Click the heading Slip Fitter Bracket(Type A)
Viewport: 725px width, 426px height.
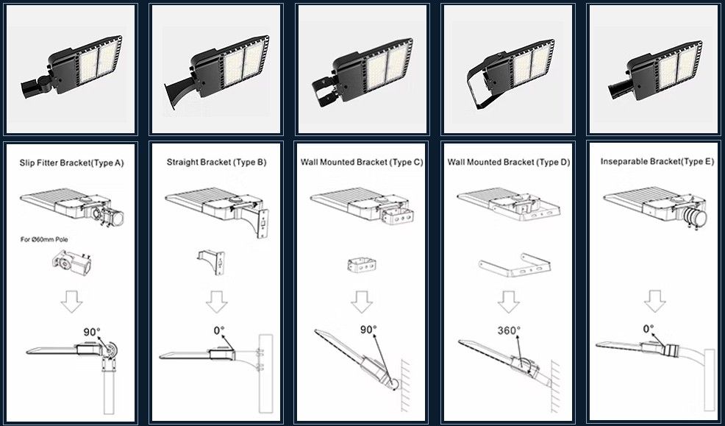click(71, 162)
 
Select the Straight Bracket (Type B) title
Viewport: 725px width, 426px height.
click(216, 162)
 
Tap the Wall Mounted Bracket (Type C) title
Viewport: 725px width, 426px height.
click(362, 162)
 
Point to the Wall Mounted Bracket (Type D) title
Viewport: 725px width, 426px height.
click(508, 162)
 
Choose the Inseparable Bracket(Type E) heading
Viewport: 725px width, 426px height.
click(657, 161)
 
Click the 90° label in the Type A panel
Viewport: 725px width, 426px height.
click(91, 333)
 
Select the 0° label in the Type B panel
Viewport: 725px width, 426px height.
click(219, 331)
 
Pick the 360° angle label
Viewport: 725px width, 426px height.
click(509, 331)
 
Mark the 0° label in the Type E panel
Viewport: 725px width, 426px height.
click(649, 329)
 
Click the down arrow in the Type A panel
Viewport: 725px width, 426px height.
click(71, 302)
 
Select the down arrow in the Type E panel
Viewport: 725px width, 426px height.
click(654, 302)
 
